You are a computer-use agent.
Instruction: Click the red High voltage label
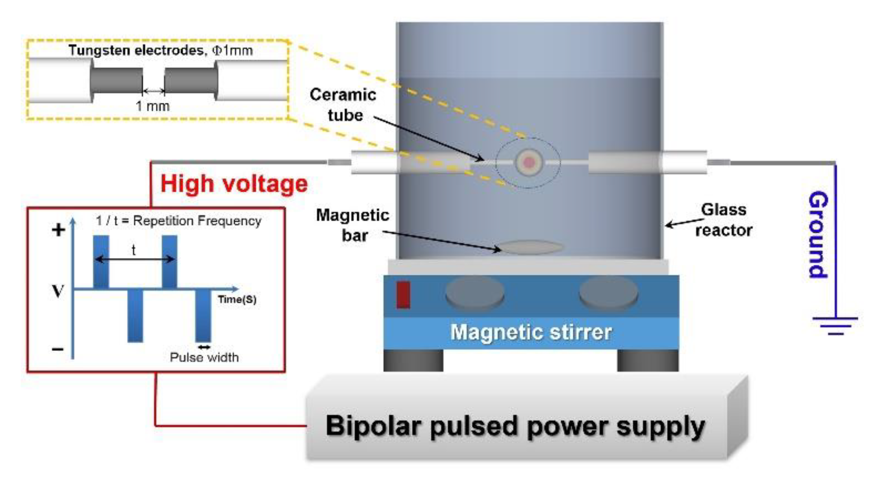tap(234, 184)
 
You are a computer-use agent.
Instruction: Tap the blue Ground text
tap(818, 235)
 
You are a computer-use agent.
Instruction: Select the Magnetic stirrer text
tap(531, 332)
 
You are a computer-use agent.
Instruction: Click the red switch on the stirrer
tap(403, 295)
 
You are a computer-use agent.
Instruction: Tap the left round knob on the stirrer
tap(475, 292)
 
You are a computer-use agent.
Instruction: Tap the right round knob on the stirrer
tap(609, 292)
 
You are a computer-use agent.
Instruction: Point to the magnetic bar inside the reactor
tap(530, 247)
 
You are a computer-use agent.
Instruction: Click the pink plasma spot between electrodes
tap(528, 162)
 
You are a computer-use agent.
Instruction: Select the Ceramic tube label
tap(343, 105)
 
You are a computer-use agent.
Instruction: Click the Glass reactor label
tap(724, 220)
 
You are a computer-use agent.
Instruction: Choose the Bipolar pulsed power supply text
tap(515, 426)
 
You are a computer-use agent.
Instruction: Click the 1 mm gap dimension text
tap(152, 106)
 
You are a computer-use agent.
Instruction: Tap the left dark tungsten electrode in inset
tap(117, 81)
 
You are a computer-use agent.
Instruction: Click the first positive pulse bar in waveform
tap(101, 261)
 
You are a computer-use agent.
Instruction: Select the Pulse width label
tap(204, 357)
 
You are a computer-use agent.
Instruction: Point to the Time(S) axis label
tap(237, 300)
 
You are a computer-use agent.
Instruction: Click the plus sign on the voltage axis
tap(58, 230)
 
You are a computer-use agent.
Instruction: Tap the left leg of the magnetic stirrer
tap(413, 360)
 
